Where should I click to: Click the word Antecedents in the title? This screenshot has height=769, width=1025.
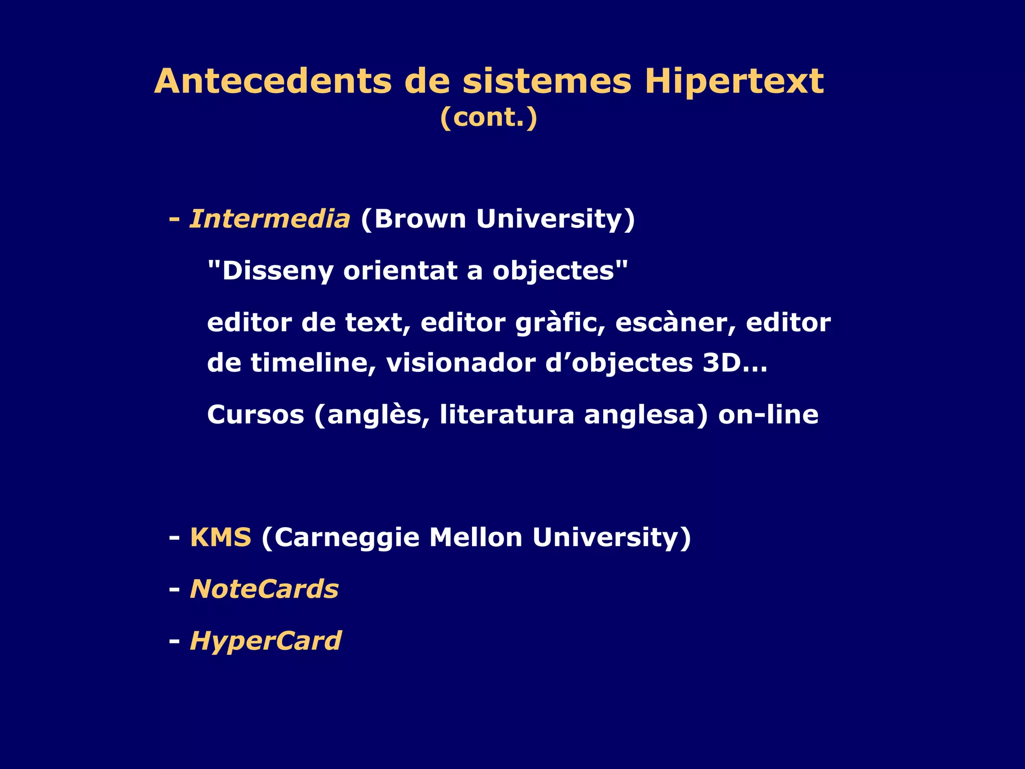pyautogui.click(x=273, y=81)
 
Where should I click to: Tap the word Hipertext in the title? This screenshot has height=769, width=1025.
pyautogui.click(x=734, y=81)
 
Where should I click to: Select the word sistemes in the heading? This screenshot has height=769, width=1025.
pyautogui.click(x=547, y=81)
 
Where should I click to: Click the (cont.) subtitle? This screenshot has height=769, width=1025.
pyautogui.click(x=488, y=118)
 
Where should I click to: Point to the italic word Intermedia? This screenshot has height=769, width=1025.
pyautogui.click(x=270, y=219)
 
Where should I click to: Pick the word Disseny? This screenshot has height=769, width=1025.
pyautogui.click(x=277, y=271)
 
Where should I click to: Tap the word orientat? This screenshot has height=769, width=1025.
pyautogui.click(x=399, y=271)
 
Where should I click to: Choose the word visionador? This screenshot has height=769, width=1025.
pyautogui.click(x=460, y=363)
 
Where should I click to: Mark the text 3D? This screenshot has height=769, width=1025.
pyautogui.click(x=722, y=363)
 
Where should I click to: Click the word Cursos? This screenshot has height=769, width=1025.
pyautogui.click(x=256, y=415)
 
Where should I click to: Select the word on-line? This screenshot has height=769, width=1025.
pyautogui.click(x=768, y=415)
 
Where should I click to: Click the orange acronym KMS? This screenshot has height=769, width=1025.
pyautogui.click(x=220, y=538)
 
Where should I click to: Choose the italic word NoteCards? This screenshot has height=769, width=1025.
pyautogui.click(x=264, y=589)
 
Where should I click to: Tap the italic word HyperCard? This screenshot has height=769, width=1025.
pyautogui.click(x=266, y=641)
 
